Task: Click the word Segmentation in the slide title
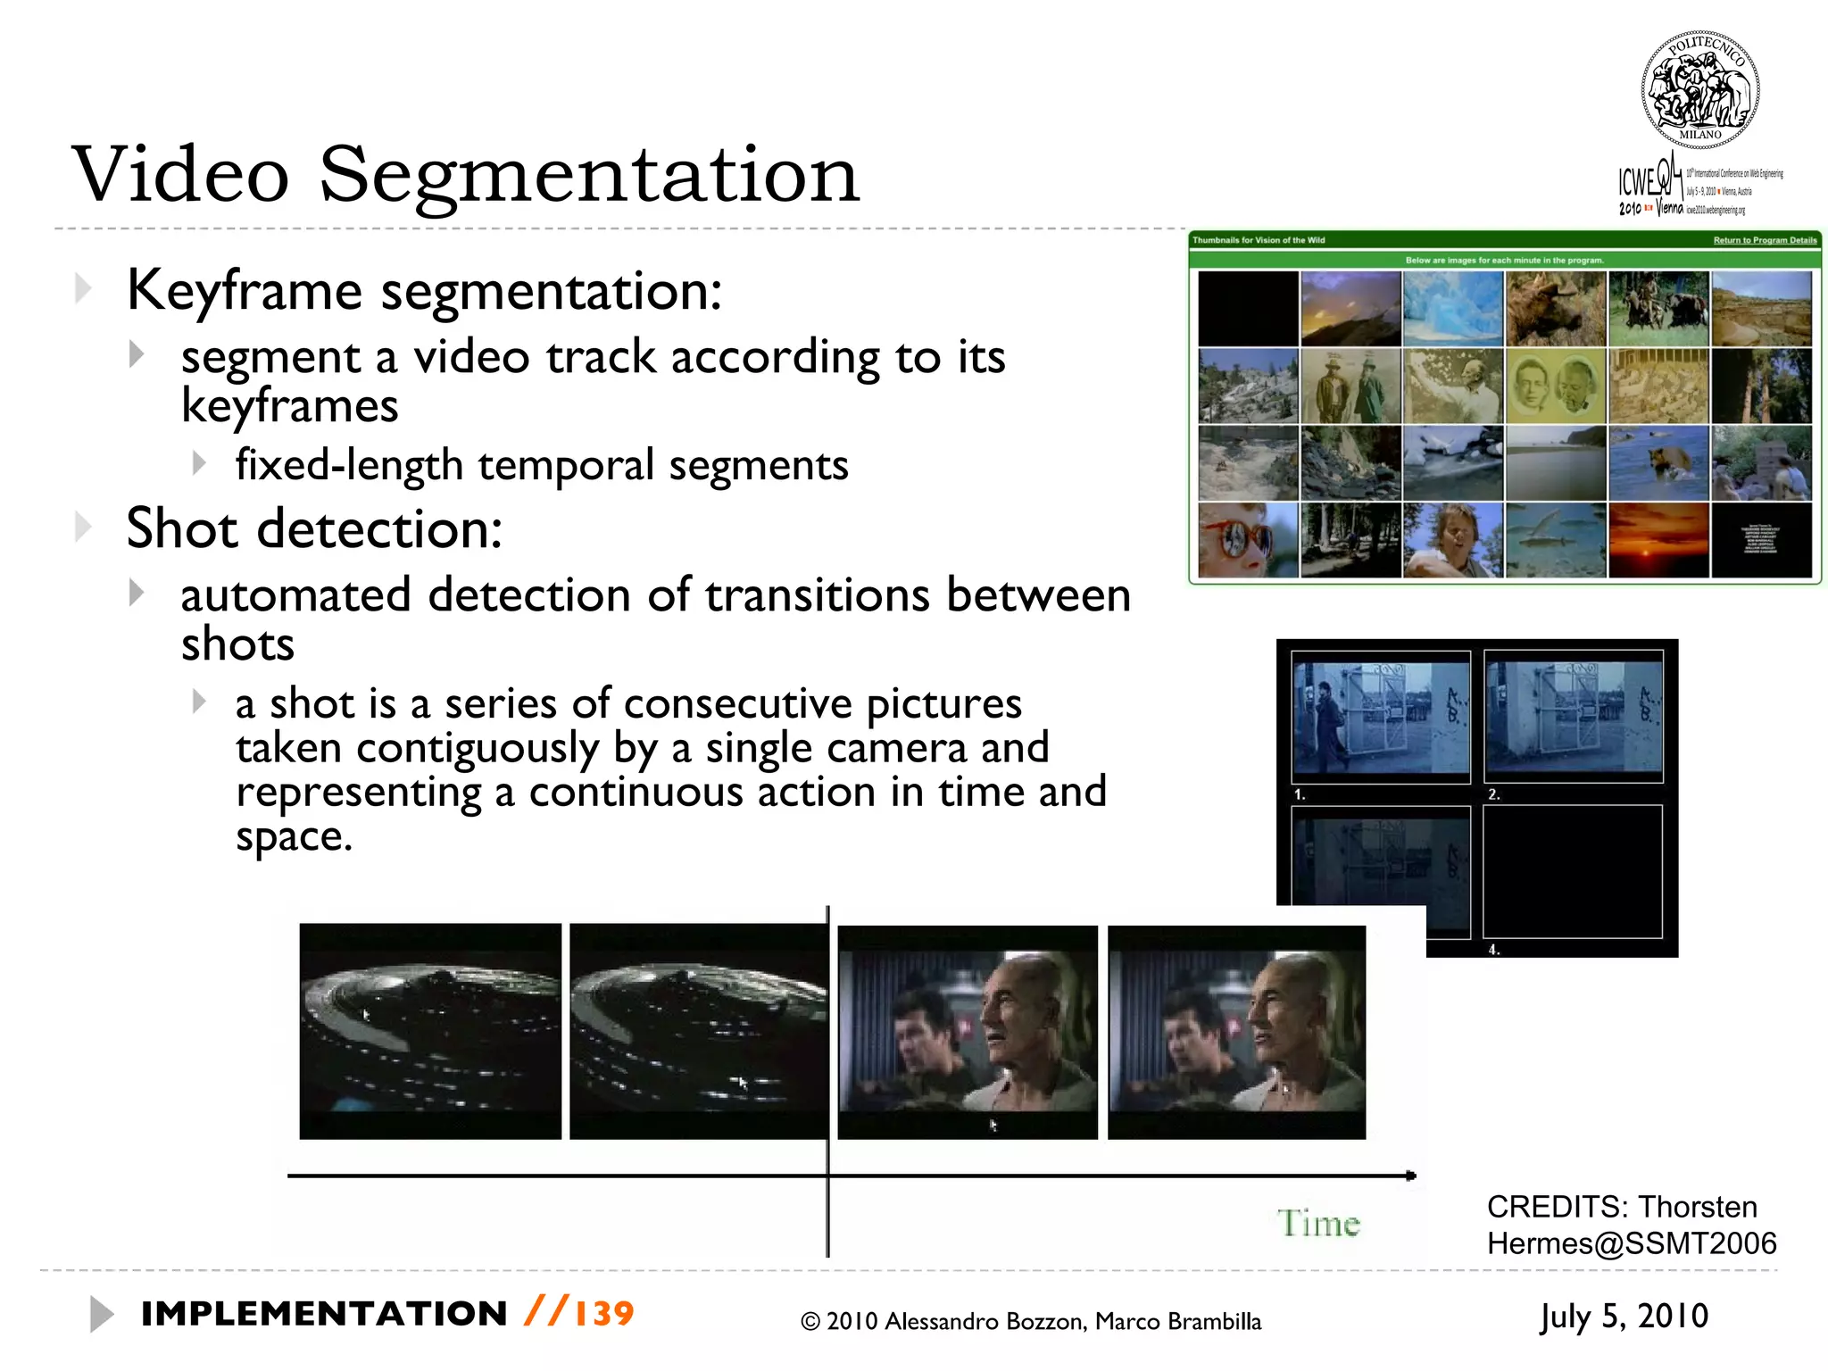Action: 589,176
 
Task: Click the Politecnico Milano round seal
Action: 1699,90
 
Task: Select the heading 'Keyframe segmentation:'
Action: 424,291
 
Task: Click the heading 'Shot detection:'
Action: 314,528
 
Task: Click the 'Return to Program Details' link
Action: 1765,240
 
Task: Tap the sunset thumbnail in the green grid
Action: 1658,540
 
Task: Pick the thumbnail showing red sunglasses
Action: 1247,540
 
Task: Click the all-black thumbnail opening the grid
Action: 1247,309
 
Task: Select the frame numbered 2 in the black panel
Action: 1574,716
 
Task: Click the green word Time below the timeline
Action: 1318,1223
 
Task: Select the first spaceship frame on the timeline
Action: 430,1031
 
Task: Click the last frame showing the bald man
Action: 1236,1031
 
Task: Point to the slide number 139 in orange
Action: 604,1314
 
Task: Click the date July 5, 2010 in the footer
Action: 1624,1317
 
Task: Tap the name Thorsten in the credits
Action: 1697,1207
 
